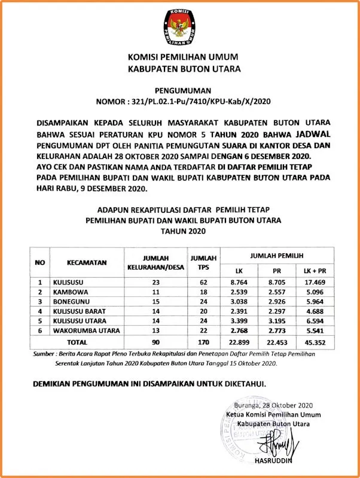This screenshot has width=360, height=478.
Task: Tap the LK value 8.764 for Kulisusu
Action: pyautogui.click(x=239, y=282)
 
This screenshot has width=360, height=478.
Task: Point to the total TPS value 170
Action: pyautogui.click(x=203, y=342)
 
